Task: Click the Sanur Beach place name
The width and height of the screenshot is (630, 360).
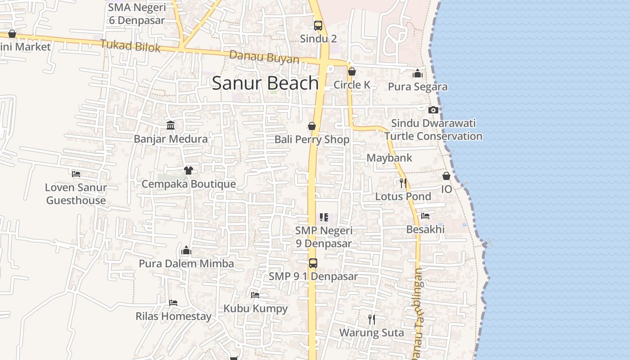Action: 265,83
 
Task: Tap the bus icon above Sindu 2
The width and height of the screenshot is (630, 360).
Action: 318,25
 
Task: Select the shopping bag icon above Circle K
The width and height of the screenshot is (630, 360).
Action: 352,72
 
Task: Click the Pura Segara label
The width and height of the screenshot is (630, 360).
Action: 418,87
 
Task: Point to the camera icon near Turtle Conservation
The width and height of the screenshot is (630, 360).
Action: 433,110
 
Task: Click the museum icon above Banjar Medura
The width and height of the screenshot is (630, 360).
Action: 171,125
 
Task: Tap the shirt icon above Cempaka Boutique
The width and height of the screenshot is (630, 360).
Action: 188,170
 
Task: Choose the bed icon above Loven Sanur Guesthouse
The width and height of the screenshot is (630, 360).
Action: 76,174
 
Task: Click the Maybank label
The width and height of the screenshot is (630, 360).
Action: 389,158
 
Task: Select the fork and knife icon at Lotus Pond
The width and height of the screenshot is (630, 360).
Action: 403,183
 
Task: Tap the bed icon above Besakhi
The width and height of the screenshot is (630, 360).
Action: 425,216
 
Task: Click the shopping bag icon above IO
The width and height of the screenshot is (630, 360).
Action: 446,176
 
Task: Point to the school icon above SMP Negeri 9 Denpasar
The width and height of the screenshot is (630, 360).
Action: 324,217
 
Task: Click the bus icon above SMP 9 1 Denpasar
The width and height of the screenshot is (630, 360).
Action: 313,263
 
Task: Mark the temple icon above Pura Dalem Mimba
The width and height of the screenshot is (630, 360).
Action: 186,251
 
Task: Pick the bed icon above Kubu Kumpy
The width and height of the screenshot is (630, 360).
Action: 255,295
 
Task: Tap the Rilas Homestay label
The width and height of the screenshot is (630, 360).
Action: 173,316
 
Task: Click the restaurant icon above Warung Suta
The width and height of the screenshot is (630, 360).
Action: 371,319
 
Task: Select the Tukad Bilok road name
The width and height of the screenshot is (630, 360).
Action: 130,45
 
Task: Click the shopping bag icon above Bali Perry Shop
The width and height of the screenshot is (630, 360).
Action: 311,126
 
